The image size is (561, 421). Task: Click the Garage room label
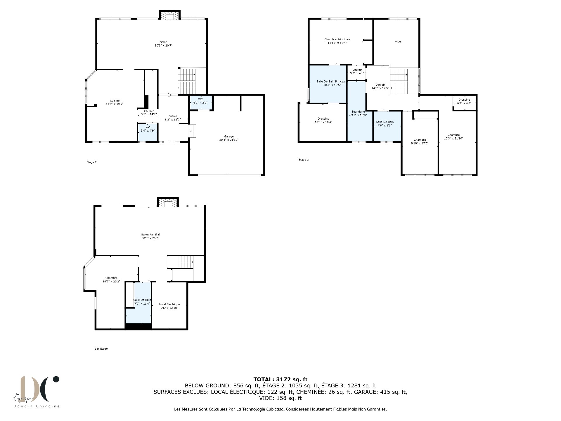(229, 137)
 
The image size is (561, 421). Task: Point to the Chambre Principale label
(337, 39)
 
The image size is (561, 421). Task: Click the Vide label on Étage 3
(398, 42)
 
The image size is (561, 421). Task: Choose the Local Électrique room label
(169, 304)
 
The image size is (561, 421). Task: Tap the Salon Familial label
(150, 234)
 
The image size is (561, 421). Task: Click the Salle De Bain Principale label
(331, 81)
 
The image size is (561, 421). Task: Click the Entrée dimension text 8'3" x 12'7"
(173, 120)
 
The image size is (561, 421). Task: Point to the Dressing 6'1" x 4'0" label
(464, 101)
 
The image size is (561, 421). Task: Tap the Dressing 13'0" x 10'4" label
(323, 120)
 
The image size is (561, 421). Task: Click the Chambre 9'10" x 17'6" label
(420, 142)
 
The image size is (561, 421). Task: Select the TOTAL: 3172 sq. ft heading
(280, 379)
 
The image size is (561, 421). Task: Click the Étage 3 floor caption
(304, 160)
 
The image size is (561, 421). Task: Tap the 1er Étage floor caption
(101, 348)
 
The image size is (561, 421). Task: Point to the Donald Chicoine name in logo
(37, 406)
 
